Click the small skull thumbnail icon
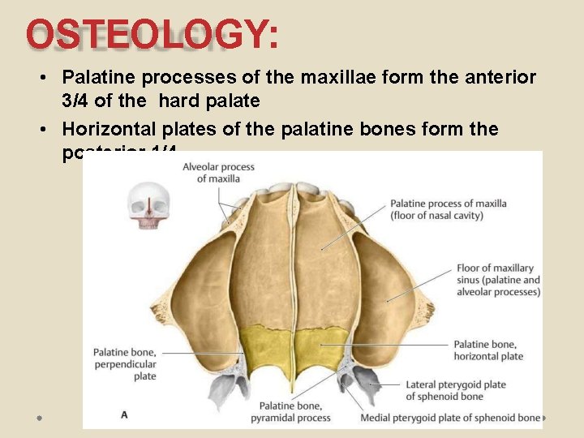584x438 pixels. coord(148,206)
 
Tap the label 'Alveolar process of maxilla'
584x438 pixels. coord(218,172)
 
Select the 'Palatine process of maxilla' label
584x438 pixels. coord(448,209)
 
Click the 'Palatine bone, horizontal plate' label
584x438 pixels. coord(488,350)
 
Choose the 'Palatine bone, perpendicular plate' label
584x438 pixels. coord(124,364)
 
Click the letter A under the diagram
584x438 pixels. coord(124,414)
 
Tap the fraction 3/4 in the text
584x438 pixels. coord(75,101)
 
